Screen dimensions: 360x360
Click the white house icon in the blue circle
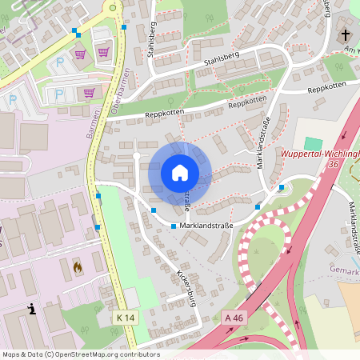(x=180, y=173)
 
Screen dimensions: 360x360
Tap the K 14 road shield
(x=125, y=318)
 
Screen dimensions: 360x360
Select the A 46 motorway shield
(x=234, y=318)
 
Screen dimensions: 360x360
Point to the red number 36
(x=334, y=163)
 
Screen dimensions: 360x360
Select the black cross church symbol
(x=346, y=35)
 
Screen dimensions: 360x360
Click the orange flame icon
(x=78, y=266)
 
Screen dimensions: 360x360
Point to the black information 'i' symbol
(x=31, y=309)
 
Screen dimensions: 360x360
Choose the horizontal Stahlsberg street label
(x=222, y=58)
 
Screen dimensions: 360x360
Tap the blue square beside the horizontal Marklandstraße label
(x=174, y=227)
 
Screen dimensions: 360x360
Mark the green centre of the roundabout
(x=112, y=8)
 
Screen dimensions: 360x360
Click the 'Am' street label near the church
(x=350, y=49)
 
